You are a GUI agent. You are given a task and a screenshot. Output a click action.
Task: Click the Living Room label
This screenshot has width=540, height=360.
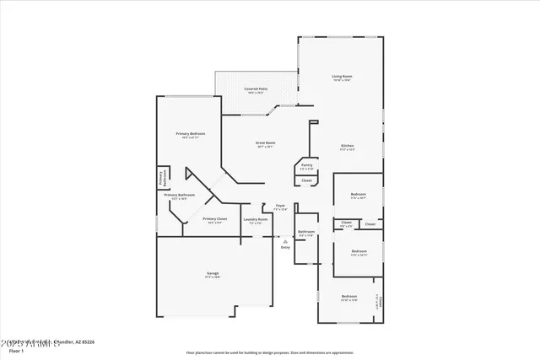[x=341, y=77]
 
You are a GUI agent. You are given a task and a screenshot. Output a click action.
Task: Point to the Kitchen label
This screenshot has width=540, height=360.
[x=347, y=147]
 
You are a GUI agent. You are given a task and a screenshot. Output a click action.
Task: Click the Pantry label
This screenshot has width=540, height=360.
[x=306, y=165]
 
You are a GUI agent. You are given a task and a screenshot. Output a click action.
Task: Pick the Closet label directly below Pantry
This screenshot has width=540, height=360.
[x=306, y=180]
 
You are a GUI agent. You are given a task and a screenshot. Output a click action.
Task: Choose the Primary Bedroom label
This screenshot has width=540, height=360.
[x=190, y=134]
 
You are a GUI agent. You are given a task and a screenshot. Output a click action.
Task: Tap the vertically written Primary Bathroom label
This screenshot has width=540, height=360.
[x=161, y=177]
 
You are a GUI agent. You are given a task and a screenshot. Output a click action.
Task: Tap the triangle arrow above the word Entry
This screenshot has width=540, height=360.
[x=285, y=241]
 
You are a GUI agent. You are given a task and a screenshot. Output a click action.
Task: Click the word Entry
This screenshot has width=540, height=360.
[x=285, y=247]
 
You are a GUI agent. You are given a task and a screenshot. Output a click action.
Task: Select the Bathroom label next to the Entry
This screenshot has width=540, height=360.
[x=305, y=232]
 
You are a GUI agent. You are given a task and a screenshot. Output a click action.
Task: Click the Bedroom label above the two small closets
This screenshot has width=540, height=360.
[x=359, y=195]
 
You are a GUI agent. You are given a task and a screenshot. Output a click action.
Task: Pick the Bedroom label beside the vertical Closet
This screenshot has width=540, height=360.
[x=349, y=297]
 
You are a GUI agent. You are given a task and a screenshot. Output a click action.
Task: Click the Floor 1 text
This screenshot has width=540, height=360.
[x=15, y=351]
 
